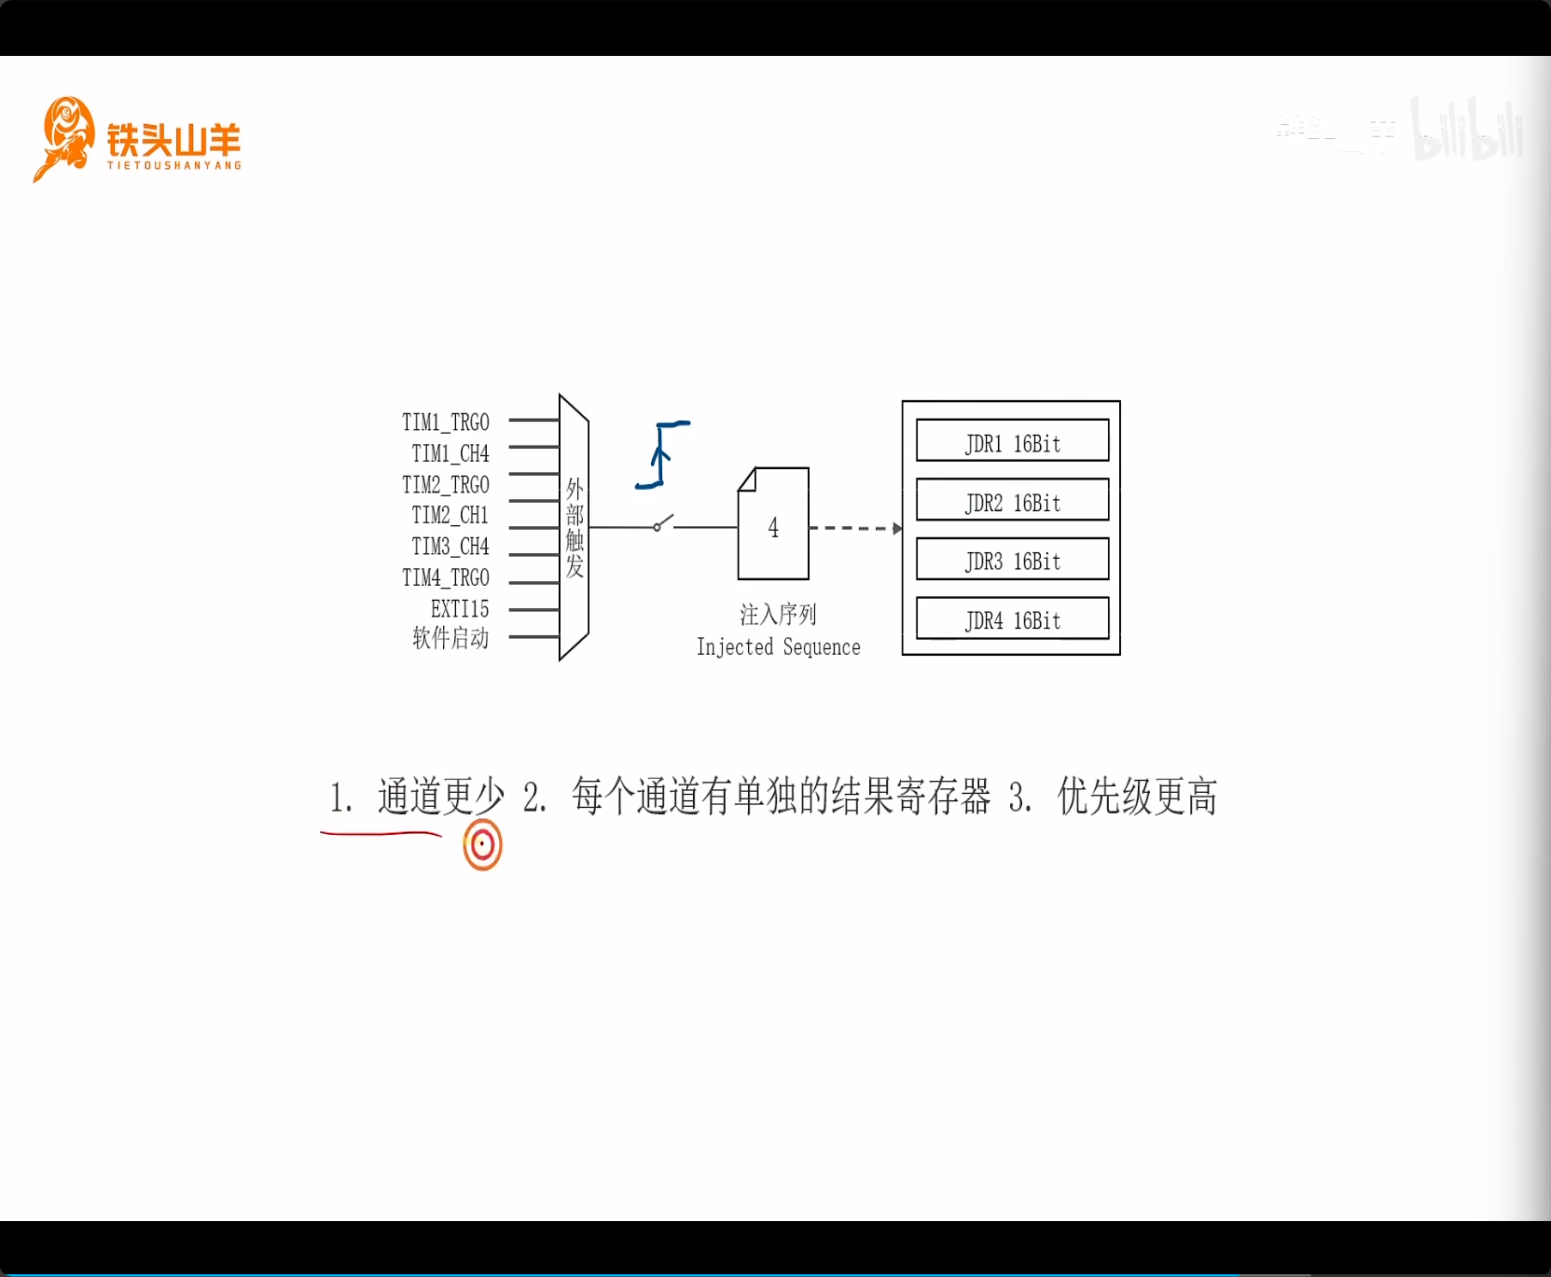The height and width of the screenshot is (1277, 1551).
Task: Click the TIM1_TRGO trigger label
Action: (446, 423)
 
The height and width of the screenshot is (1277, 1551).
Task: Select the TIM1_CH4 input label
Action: (450, 453)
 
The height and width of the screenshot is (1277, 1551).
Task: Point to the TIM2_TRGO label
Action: (446, 485)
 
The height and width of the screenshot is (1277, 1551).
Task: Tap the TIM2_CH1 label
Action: (450, 515)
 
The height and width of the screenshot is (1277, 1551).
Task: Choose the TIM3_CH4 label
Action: (450, 547)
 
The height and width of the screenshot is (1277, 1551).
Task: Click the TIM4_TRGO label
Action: (446, 578)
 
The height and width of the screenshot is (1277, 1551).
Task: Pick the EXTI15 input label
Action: (460, 609)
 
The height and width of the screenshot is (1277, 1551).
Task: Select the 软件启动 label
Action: (450, 638)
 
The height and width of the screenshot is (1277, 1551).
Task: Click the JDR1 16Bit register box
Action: (1012, 441)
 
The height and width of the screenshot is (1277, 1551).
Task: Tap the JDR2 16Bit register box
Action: (1012, 500)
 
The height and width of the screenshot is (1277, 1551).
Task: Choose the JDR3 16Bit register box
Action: (1012, 560)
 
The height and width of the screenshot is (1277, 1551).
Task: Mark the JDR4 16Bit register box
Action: (1012, 618)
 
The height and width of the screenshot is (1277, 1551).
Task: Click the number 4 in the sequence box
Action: (773, 528)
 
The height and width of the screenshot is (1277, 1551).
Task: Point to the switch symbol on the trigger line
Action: (663, 523)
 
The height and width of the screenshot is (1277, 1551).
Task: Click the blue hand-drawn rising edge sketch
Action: (662, 454)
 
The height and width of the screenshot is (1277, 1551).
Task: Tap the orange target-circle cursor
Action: (482, 845)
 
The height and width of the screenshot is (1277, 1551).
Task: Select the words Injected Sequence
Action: (779, 647)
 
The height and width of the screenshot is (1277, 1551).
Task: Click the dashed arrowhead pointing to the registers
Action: (897, 529)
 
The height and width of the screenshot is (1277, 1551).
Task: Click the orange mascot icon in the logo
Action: (65, 138)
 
